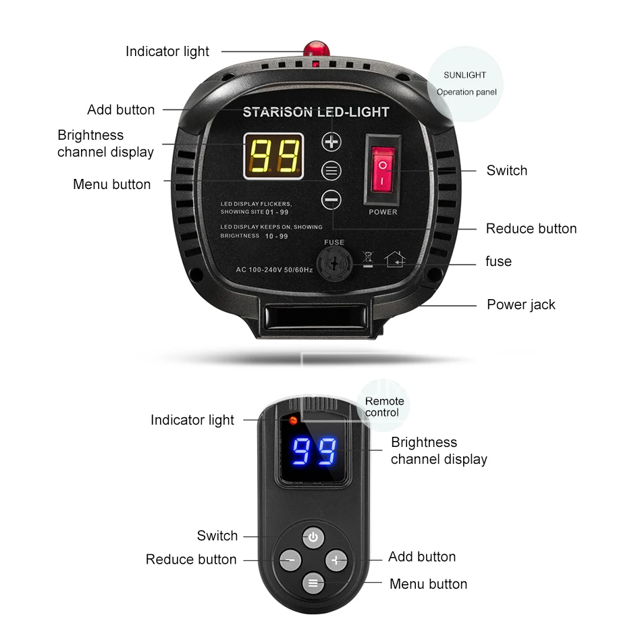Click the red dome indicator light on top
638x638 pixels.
(x=316, y=49)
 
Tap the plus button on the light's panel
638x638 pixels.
(x=331, y=142)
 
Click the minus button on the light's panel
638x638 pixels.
(x=331, y=200)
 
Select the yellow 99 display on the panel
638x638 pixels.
(x=274, y=156)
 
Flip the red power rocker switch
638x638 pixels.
(x=383, y=169)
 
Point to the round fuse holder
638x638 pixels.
(x=334, y=264)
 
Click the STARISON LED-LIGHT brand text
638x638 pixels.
(x=316, y=112)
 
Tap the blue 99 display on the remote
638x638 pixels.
(x=315, y=451)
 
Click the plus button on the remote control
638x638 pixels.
(x=336, y=560)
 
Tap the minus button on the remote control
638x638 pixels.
(x=290, y=560)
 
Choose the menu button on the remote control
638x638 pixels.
(x=313, y=583)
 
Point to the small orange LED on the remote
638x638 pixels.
(x=293, y=421)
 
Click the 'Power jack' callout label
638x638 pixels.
(x=521, y=304)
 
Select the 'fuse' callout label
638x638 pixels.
(x=498, y=261)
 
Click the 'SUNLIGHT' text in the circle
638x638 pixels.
(x=464, y=75)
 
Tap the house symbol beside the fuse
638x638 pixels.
(x=395, y=259)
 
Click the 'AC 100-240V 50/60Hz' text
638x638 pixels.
(x=274, y=270)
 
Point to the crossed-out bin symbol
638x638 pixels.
(x=368, y=259)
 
